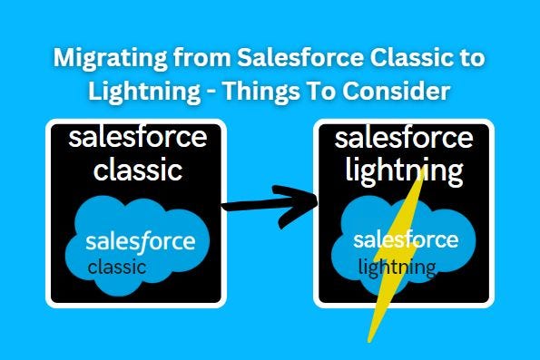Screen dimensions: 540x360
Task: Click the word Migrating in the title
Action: pyautogui.click(x=110, y=59)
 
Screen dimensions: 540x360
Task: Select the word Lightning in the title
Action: pyautogui.click(x=144, y=92)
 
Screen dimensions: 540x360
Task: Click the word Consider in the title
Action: pyautogui.click(x=396, y=91)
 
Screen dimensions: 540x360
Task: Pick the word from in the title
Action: pyautogui.click(x=201, y=57)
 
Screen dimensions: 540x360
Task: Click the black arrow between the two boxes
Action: pyautogui.click(x=270, y=206)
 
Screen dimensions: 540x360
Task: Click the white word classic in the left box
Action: pyautogui.click(x=138, y=169)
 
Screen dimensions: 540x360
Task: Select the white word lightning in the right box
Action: pyautogui.click(x=404, y=171)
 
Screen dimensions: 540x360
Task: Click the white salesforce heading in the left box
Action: pyautogui.click(x=138, y=137)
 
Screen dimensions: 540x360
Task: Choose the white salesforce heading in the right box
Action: pyautogui.click(x=404, y=138)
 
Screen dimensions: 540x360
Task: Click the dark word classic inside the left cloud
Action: pyautogui.click(x=117, y=268)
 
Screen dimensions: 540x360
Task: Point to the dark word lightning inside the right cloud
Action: pyautogui.click(x=398, y=268)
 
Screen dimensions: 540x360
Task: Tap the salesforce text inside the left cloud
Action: pyautogui.click(x=141, y=242)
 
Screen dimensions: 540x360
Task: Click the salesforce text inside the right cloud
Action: pyautogui.click(x=406, y=239)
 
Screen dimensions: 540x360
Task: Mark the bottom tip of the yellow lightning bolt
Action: pyautogui.click(x=368, y=342)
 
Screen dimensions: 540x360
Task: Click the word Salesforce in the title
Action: pyautogui.click(x=300, y=57)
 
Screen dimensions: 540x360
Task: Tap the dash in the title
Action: pyautogui.click(x=211, y=92)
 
